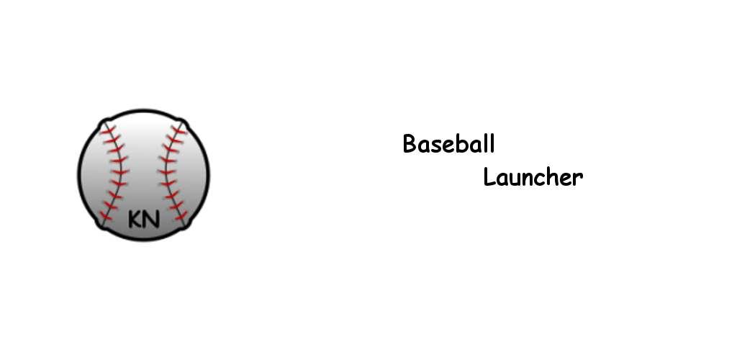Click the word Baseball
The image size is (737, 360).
(x=448, y=143)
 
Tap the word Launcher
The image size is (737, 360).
(x=533, y=177)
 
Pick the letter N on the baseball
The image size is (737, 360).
(x=152, y=219)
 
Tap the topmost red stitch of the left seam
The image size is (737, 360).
(x=108, y=130)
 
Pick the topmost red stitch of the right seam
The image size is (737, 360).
(x=178, y=130)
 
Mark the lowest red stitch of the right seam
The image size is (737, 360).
(x=181, y=217)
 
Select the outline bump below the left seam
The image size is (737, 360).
(x=101, y=226)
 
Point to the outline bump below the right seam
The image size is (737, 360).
(x=186, y=226)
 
